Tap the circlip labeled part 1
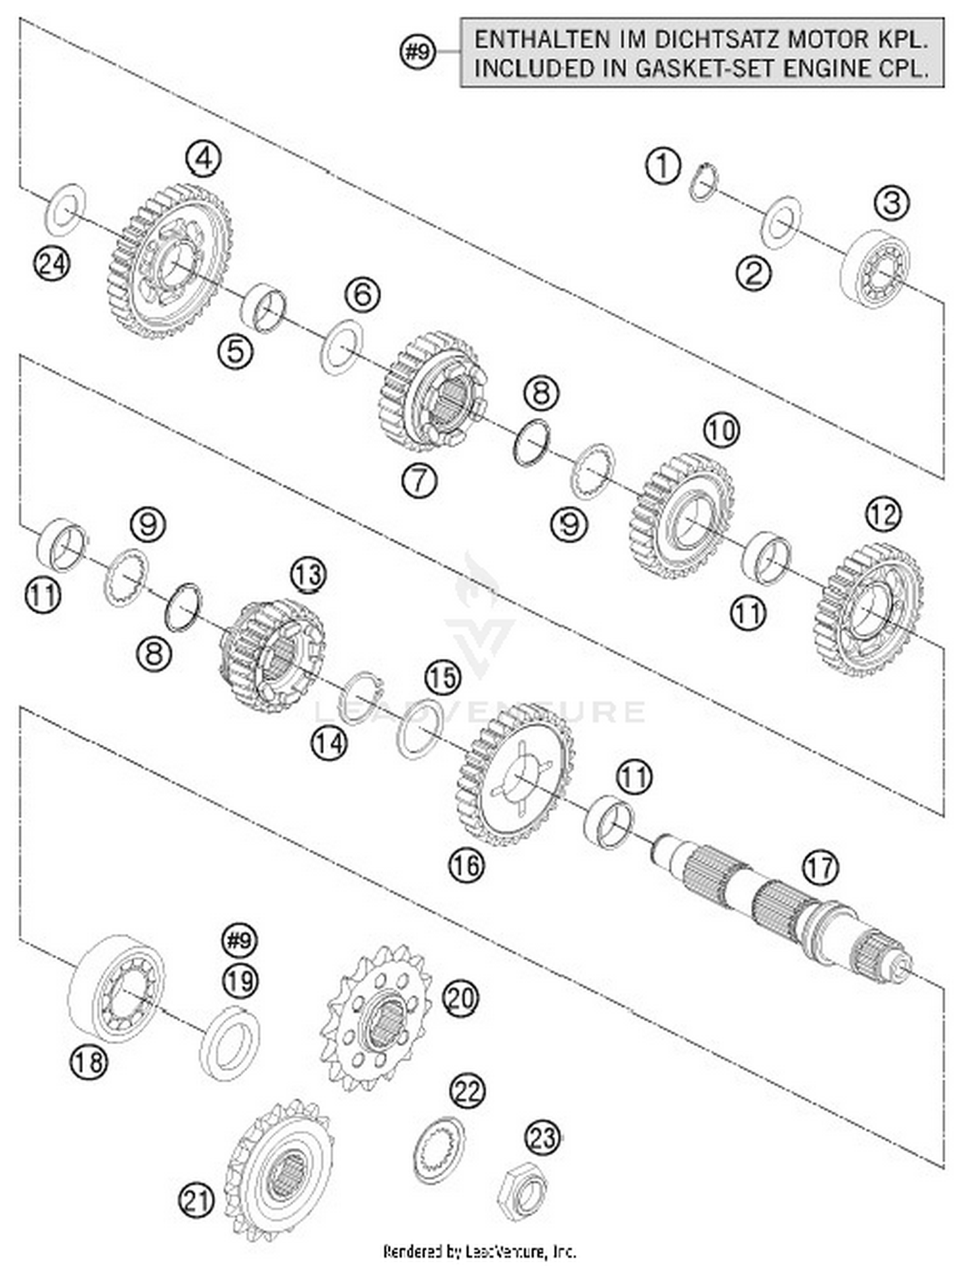[x=704, y=183]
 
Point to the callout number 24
[x=51, y=263]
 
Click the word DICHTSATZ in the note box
[x=718, y=40]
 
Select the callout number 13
[x=308, y=574]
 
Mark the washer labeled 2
[x=781, y=222]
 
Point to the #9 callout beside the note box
[x=418, y=52]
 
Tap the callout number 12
[x=883, y=513]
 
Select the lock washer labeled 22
[x=439, y=1150]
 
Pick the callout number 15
[x=443, y=677]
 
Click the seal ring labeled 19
[x=230, y=1042]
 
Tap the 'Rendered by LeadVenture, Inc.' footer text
[x=480, y=1250]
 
